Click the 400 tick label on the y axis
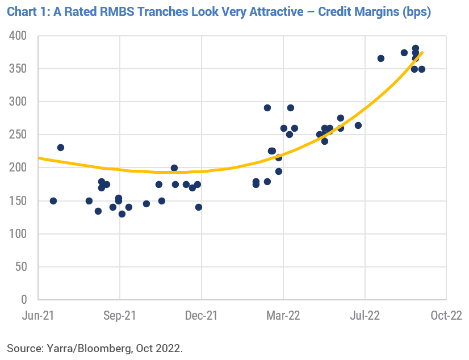[19, 36]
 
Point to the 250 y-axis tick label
[19, 135]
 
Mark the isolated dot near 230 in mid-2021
[61, 148]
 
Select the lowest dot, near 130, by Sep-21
[122, 214]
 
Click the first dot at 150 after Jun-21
[53, 201]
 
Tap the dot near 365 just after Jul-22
[381, 58]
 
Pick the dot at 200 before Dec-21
[174, 168]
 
